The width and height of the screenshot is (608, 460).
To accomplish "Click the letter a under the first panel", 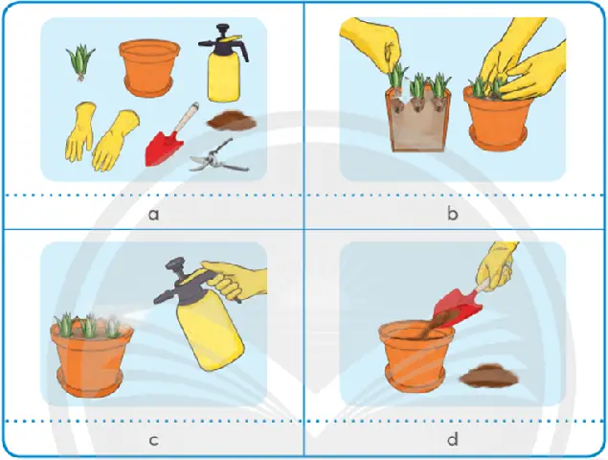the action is tap(154, 215).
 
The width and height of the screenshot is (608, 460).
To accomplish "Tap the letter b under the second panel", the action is tap(453, 213).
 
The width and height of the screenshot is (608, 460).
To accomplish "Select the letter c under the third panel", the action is tap(153, 440).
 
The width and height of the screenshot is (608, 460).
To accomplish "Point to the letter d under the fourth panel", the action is tap(452, 438).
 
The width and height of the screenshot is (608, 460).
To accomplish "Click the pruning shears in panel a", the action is tap(219, 156).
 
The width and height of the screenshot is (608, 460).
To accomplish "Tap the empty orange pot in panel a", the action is tap(149, 68).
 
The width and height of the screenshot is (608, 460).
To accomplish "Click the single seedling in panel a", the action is tap(80, 62).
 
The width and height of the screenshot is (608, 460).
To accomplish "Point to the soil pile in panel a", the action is tap(232, 122).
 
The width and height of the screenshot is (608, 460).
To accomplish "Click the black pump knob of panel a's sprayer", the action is tap(222, 29).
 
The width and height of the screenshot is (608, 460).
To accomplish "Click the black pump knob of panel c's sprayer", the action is tap(175, 264).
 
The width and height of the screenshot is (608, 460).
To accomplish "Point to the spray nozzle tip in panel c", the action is tap(156, 300).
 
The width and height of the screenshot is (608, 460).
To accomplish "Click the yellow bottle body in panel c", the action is tap(210, 331).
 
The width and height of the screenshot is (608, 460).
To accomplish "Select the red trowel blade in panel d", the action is tap(458, 308).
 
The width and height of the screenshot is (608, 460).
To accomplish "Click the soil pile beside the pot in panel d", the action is tap(489, 376).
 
